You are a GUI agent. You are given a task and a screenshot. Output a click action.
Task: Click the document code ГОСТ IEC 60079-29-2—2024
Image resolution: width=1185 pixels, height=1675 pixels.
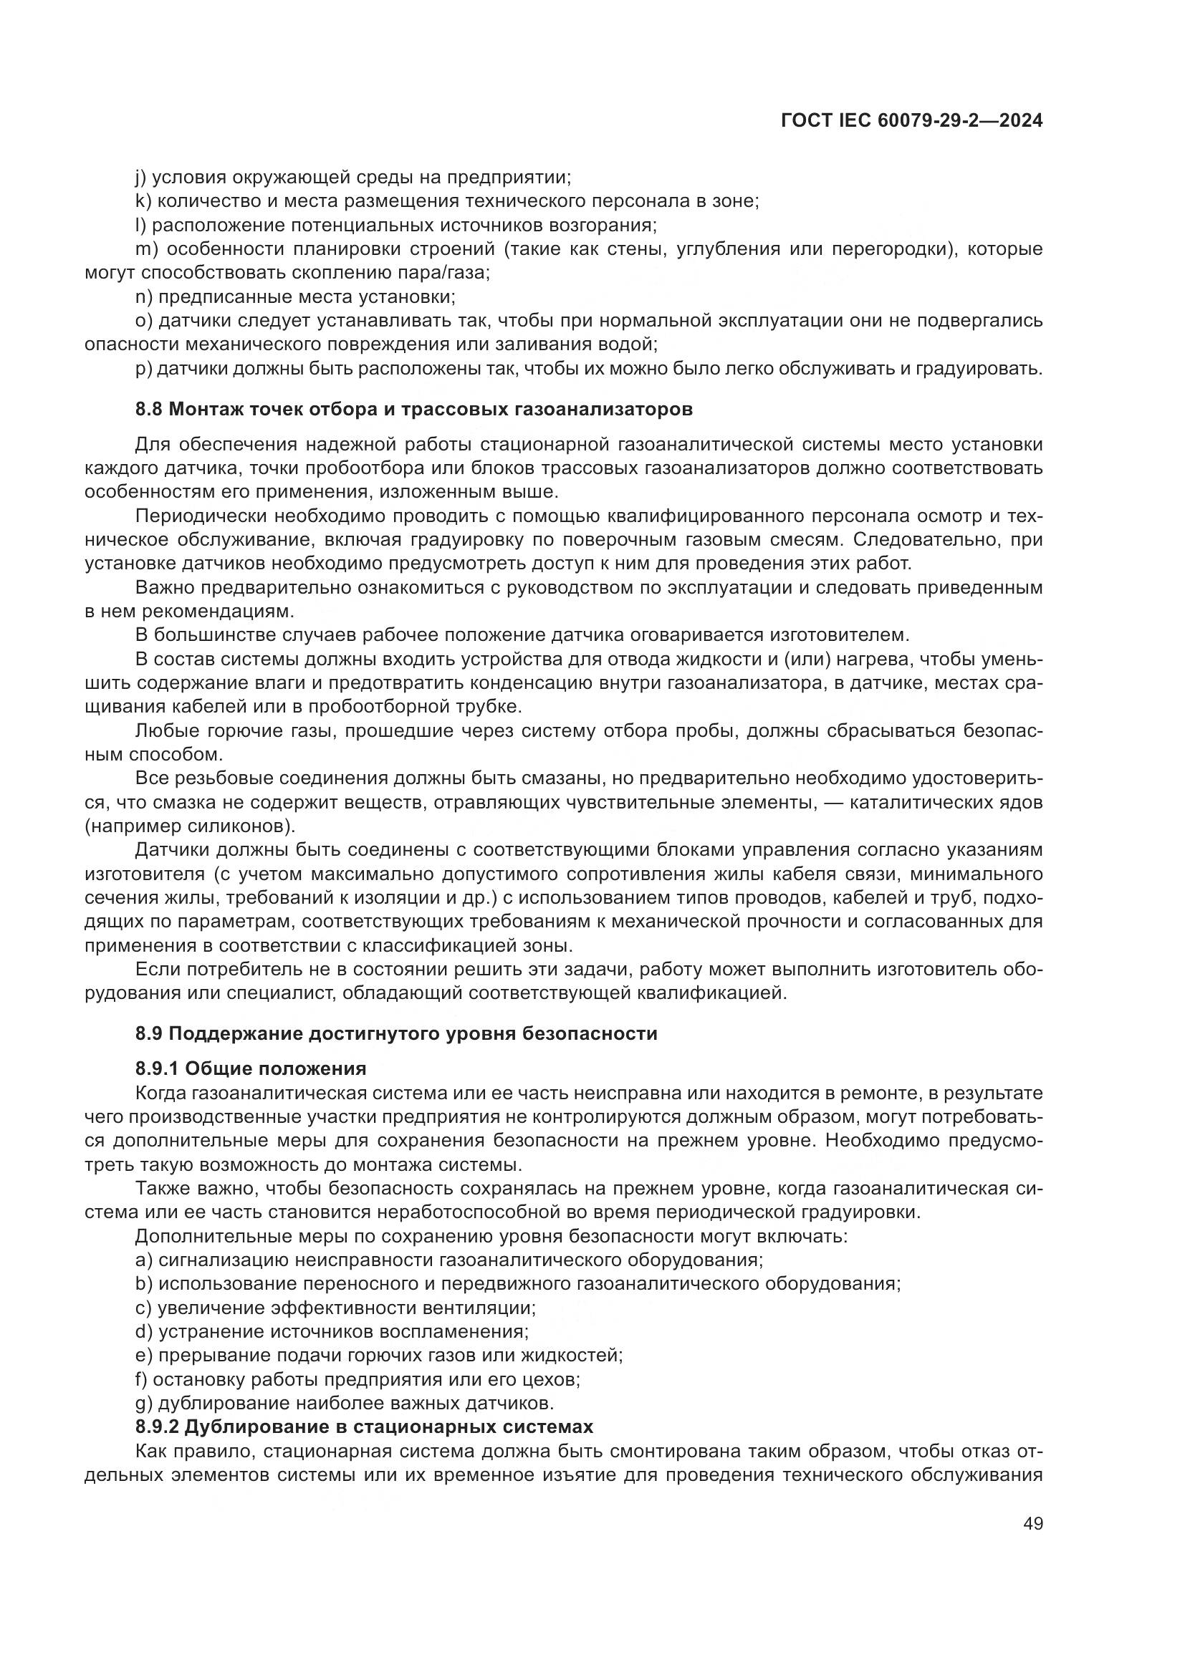911,121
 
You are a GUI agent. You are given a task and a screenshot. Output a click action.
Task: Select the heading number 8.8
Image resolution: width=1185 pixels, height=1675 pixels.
149,410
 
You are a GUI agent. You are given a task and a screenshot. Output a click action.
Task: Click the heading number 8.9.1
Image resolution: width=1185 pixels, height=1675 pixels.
157,1068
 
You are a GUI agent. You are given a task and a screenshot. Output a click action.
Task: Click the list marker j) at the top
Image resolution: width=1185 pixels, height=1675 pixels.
141,178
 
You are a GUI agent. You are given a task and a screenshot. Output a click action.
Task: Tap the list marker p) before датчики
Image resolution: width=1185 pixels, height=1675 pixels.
143,368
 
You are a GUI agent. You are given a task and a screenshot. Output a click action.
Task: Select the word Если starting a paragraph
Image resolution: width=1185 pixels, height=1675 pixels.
157,970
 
